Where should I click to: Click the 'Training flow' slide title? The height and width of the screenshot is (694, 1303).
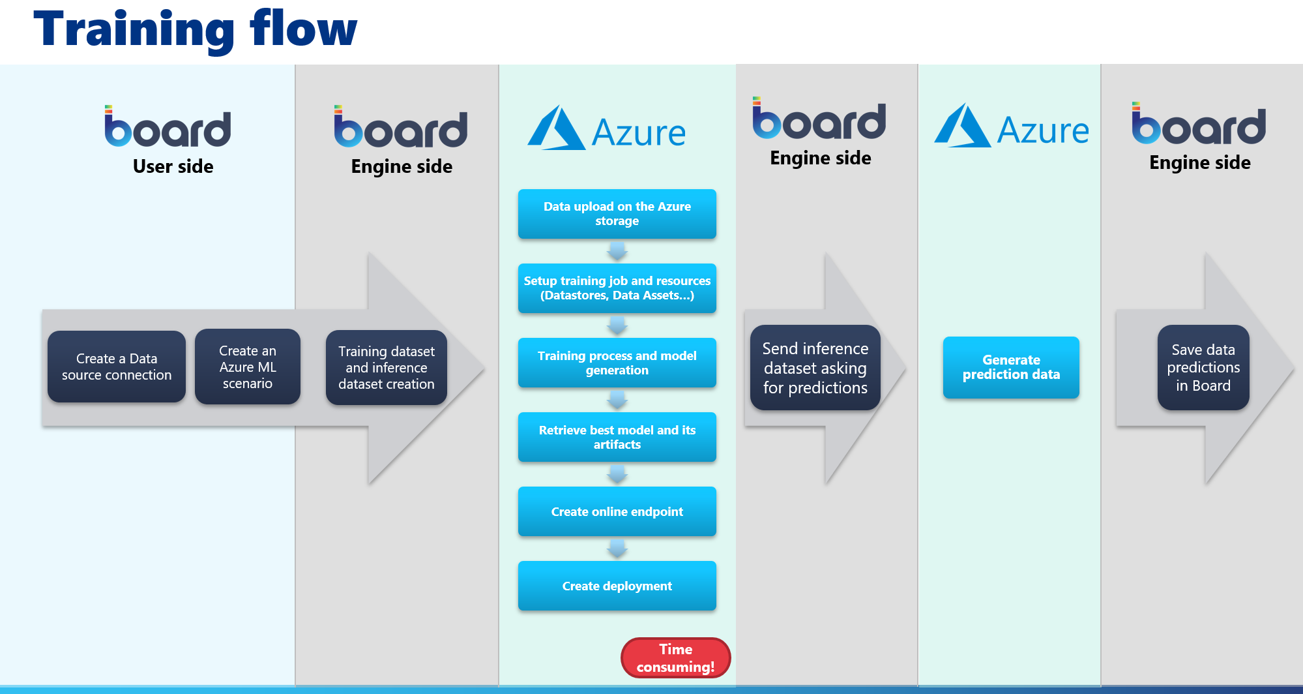click(195, 29)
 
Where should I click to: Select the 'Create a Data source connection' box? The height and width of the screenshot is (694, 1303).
click(117, 367)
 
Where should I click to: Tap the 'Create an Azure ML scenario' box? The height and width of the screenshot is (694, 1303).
click(248, 367)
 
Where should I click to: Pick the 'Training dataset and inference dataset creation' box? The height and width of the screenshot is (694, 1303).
click(387, 367)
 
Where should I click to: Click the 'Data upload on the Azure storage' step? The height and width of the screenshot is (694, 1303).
click(617, 214)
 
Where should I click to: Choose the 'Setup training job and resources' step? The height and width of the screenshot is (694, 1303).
click(617, 288)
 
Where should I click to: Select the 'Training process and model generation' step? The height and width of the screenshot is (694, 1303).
click(617, 363)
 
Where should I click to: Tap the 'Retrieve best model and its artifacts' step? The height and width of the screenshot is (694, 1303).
click(617, 437)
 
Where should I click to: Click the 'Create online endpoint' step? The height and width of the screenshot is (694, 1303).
click(617, 511)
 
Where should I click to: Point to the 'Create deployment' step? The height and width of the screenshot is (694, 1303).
click(617, 586)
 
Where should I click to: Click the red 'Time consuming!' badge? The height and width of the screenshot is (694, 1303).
click(676, 657)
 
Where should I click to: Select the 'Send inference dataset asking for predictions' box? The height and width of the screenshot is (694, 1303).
click(815, 368)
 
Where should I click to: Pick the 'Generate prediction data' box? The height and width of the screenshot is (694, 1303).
click(1011, 367)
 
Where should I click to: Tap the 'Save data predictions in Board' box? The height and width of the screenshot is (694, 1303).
click(1203, 367)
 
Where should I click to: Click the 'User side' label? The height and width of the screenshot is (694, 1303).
click(173, 166)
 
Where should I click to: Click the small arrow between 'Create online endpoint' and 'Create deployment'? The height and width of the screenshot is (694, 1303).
click(617, 549)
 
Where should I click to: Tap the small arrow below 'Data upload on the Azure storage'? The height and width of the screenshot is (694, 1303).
click(617, 251)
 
